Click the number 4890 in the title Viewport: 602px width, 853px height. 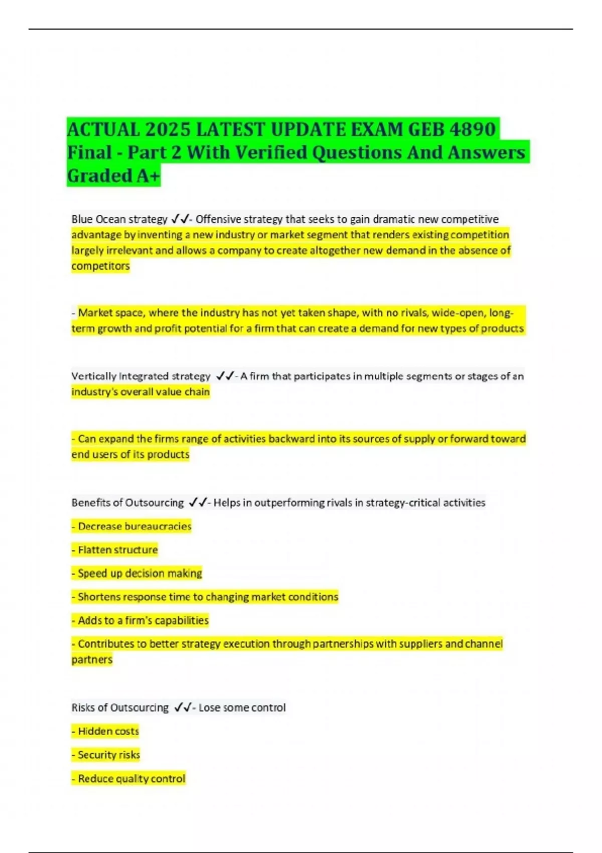point(473,129)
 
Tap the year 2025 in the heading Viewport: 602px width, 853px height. point(168,129)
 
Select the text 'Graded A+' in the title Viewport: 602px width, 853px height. point(113,176)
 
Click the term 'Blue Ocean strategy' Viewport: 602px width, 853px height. point(119,219)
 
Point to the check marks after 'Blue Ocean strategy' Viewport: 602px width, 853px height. point(180,219)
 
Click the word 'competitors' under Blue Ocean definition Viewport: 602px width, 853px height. point(100,266)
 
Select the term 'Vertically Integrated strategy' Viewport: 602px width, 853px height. point(141,376)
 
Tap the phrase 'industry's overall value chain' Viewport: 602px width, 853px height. point(140,391)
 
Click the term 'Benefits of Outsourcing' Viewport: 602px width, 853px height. point(127,502)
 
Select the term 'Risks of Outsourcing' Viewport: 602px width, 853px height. point(120,707)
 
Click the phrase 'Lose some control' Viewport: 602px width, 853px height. point(242,707)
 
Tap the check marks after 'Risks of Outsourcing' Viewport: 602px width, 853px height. point(183,707)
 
